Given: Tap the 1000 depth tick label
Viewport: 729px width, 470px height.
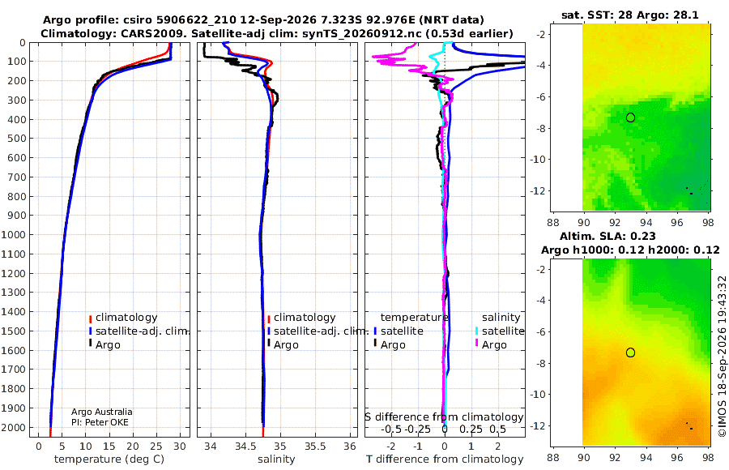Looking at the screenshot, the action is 13,234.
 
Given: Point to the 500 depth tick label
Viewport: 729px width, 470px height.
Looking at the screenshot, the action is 16,139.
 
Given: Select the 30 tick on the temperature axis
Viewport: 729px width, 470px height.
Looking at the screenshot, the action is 180,446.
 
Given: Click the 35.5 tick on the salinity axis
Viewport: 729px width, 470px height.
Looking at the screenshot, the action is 315,446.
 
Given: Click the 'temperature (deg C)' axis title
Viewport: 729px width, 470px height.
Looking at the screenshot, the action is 109,459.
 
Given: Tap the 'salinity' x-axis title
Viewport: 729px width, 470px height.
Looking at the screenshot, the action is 276,459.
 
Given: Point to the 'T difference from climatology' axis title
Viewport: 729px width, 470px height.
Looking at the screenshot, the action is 445,459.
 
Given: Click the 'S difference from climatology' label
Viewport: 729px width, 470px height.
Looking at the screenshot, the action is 444,417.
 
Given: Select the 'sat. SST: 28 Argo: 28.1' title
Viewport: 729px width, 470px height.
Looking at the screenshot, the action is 630,15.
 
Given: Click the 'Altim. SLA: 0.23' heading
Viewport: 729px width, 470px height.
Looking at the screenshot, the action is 607,236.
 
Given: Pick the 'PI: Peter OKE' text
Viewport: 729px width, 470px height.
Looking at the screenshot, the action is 100,422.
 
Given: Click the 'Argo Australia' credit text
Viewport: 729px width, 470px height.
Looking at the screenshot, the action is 102,412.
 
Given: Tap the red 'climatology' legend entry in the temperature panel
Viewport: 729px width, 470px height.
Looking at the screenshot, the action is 123,318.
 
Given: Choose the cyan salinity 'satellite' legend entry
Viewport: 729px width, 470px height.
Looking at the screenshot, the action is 499,331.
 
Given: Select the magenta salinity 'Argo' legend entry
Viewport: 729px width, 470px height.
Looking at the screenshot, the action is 491,345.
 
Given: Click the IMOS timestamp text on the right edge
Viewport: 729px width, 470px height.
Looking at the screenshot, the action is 722,357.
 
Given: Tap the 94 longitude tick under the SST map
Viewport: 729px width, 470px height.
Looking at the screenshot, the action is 646,223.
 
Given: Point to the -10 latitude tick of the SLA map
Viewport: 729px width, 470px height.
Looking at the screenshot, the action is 538,395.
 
